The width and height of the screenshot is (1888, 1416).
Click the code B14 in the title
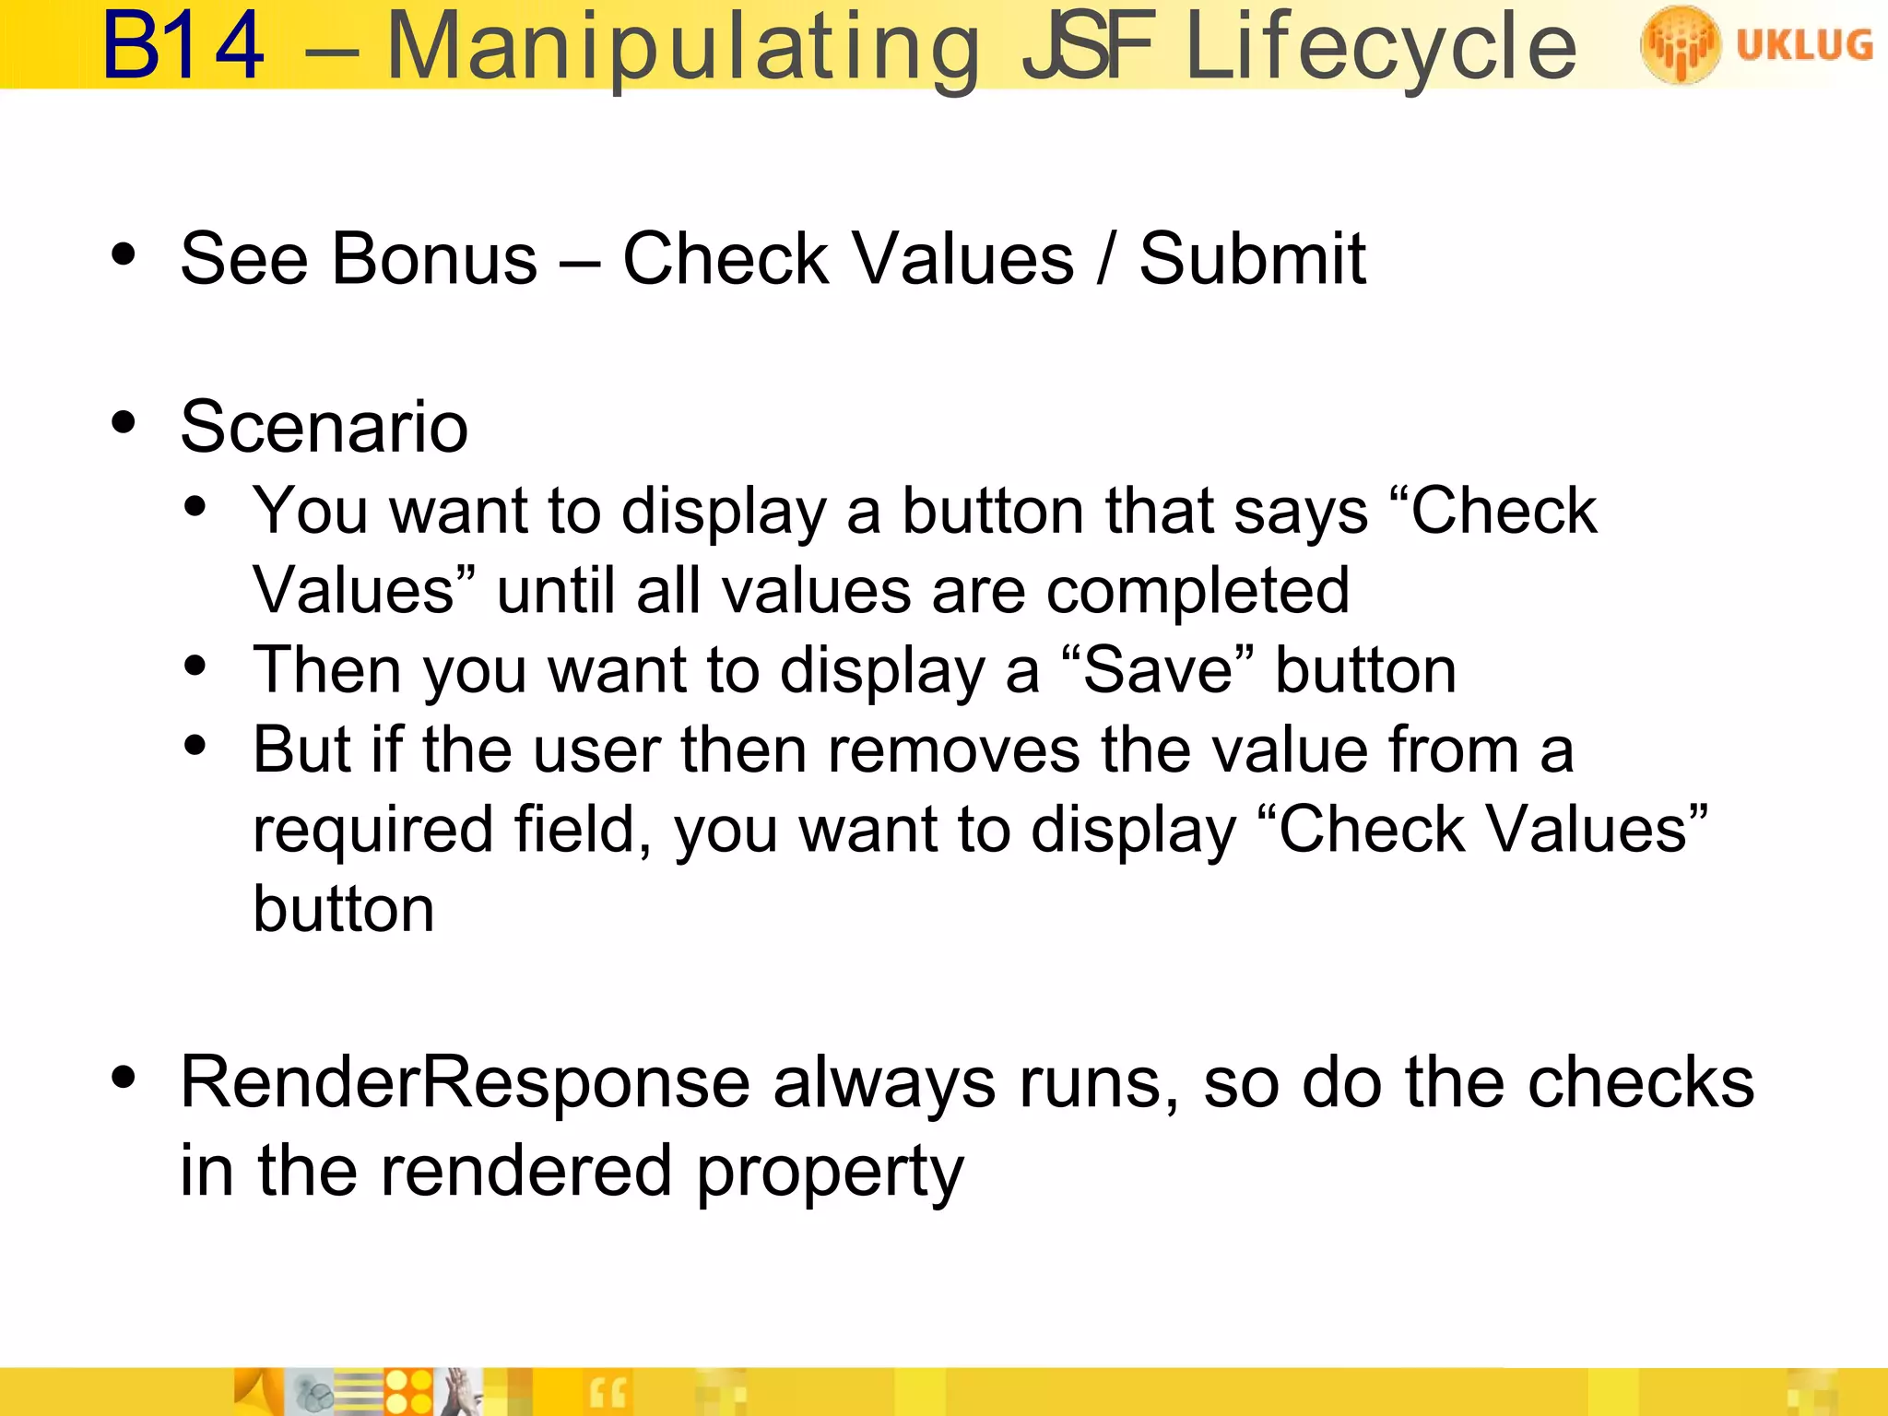coord(183,46)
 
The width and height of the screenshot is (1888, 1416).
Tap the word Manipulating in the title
coord(683,48)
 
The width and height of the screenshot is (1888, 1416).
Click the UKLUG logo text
coord(1804,44)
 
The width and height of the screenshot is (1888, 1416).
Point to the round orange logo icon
coord(1680,44)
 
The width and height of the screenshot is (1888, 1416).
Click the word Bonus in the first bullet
coord(434,259)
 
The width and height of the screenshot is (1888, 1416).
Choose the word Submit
coord(1252,259)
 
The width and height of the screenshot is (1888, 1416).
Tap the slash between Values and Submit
coord(1106,259)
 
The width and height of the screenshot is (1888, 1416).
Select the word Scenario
coord(324,427)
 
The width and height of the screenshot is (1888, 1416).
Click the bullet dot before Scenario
coord(124,423)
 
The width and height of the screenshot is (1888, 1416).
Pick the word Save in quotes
coord(1158,670)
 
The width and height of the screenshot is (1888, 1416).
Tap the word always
coord(884,1084)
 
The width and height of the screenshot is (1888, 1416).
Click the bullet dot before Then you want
coord(195,666)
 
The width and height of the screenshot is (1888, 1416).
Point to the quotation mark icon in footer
coord(608,1394)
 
